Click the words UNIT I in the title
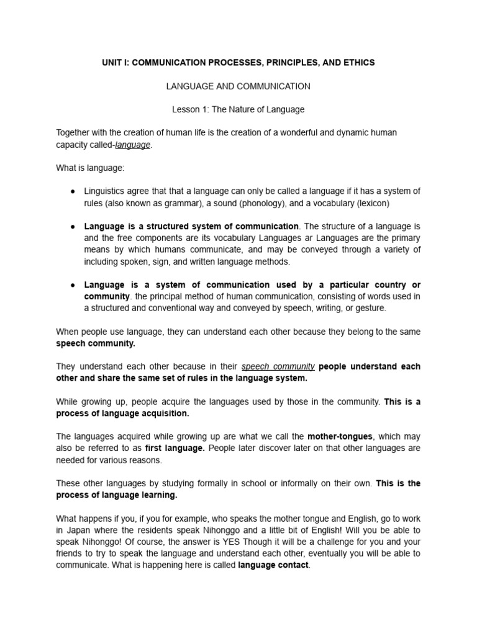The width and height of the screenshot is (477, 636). coord(116,63)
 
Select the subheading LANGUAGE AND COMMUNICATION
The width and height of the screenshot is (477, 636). coord(238,86)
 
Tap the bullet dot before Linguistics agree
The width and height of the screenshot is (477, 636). coord(73,191)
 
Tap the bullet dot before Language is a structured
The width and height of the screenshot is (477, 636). coord(73,227)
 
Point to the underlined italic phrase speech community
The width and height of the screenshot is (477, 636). coord(278,366)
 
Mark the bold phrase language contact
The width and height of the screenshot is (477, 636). coord(273,565)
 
